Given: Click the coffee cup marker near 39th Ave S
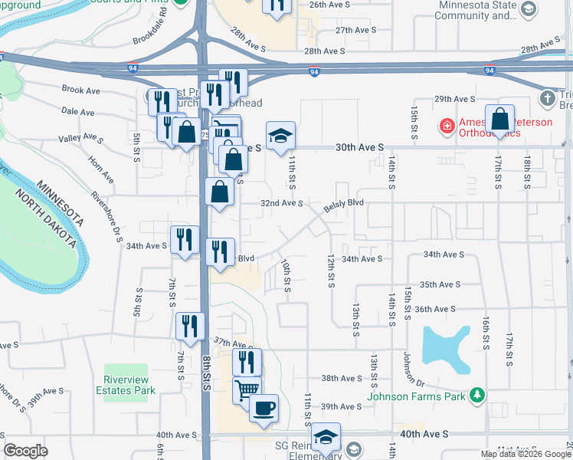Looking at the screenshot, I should pyautogui.click(x=264, y=408).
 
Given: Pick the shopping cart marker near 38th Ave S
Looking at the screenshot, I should pyautogui.click(x=247, y=390).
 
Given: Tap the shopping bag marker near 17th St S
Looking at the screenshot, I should pyautogui.click(x=499, y=120).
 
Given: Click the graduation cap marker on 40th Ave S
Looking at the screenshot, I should pyautogui.click(x=326, y=437).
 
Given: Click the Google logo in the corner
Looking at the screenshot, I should pyautogui.click(x=25, y=451).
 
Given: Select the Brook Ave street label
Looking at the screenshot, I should pyautogui.click(x=81, y=90).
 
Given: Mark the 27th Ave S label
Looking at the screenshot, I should pyautogui.click(x=353, y=31).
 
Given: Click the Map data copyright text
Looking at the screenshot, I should pyautogui.click(x=525, y=454).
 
